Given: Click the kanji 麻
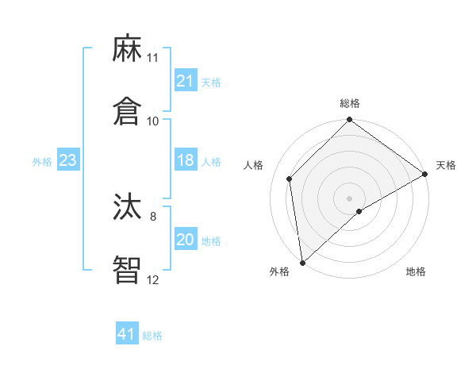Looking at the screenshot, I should pyautogui.click(x=127, y=50).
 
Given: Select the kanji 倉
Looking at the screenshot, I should pyautogui.click(x=127, y=112).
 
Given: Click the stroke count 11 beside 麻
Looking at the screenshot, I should pyautogui.click(x=153, y=58).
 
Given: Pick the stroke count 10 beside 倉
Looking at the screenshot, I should pyautogui.click(x=153, y=121).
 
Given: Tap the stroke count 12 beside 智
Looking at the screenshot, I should pyautogui.click(x=153, y=279).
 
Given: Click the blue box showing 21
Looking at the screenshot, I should pyautogui.click(x=185, y=81).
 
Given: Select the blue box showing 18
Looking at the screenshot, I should pyautogui.click(x=185, y=160).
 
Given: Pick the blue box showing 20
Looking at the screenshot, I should pyautogui.click(x=185, y=240).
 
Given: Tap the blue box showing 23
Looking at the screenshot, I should pyautogui.click(x=68, y=160).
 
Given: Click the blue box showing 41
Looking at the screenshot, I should pyautogui.click(x=127, y=334).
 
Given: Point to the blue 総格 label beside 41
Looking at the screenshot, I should pyautogui.click(x=152, y=336).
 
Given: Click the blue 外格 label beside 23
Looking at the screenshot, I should pyautogui.click(x=42, y=162).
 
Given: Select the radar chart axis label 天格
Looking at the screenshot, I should pyautogui.click(x=446, y=165).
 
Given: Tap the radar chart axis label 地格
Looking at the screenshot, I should pyautogui.click(x=416, y=271).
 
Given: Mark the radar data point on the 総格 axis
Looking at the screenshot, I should pyautogui.click(x=349, y=121).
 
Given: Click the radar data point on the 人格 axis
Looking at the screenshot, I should pyautogui.click(x=290, y=179).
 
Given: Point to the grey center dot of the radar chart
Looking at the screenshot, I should pyautogui.click(x=349, y=198).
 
